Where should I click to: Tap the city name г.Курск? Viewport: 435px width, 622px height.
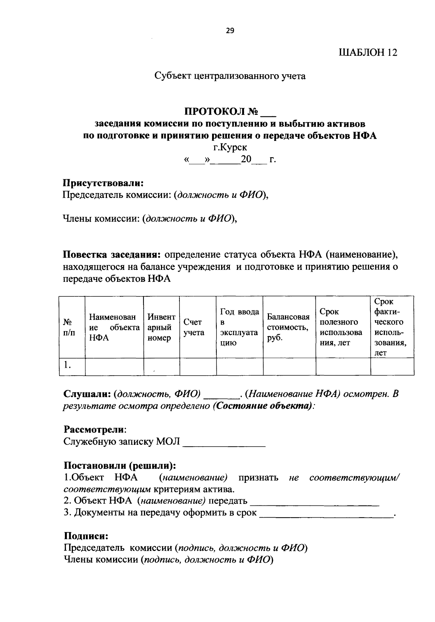pyautogui.click(x=230, y=147)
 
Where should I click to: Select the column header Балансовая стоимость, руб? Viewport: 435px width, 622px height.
pyautogui.click(x=289, y=327)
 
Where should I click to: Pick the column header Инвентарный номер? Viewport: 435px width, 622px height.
pyautogui.click(x=161, y=327)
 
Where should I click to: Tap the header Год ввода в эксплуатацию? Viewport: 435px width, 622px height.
pyautogui.click(x=239, y=327)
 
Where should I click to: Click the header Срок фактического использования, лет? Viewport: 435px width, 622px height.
pyautogui.click(x=391, y=327)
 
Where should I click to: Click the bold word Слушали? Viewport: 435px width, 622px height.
pyautogui.click(x=87, y=394)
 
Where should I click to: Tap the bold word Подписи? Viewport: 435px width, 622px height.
pyautogui.click(x=86, y=536)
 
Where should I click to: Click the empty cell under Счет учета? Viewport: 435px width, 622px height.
pyautogui.click(x=198, y=366)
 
